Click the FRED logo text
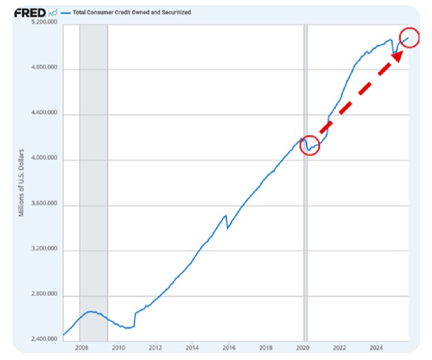pos(30,12)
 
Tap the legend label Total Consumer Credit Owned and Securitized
pos(131,12)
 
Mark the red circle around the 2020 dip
pos(309,145)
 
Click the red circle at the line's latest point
pos(409,38)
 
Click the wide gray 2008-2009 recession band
pos(93,180)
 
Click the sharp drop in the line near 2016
pos(227,222)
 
